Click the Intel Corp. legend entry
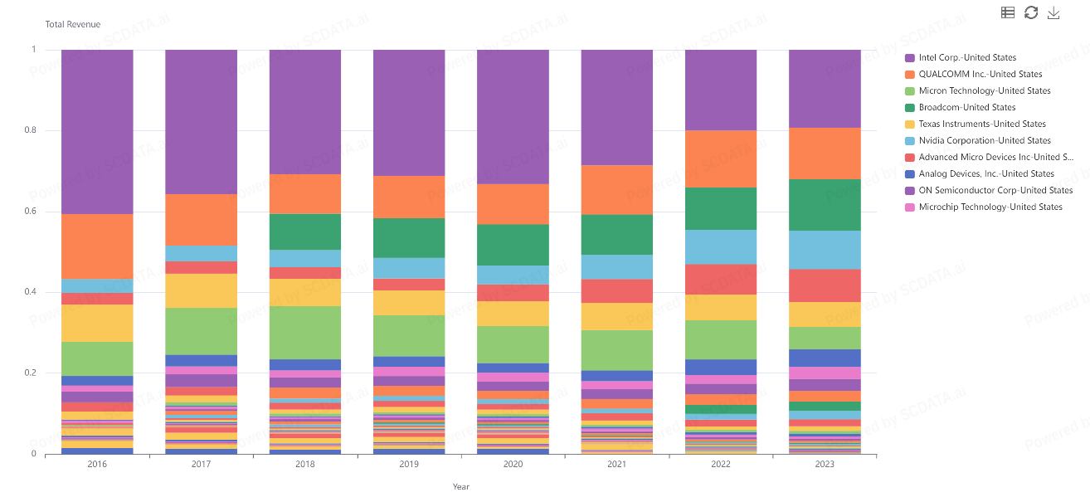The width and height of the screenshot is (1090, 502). [x=967, y=58]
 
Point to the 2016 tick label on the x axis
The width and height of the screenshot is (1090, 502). [x=97, y=465]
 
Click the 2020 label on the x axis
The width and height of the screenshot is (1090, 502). [x=513, y=465]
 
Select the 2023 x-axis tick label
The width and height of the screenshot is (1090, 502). [x=825, y=465]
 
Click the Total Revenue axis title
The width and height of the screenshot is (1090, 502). [x=73, y=25]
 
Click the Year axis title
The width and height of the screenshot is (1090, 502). [x=460, y=487]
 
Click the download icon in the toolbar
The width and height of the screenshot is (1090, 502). [x=1054, y=12]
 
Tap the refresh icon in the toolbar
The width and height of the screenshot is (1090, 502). [x=1031, y=12]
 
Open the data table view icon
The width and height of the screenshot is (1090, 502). [x=1008, y=12]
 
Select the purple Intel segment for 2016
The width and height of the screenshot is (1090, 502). [x=97, y=132]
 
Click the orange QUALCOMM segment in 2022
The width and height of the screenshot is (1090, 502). [x=721, y=158]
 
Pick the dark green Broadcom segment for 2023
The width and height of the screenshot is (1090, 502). [x=825, y=205]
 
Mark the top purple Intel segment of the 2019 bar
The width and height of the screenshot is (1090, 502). [x=409, y=113]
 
